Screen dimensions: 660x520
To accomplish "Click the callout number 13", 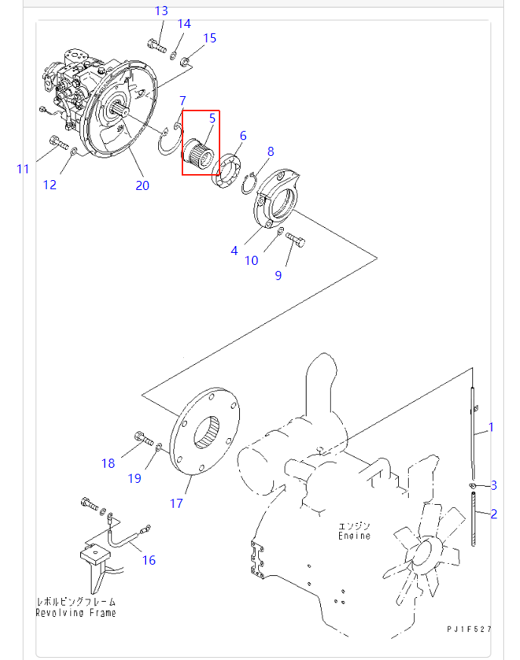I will coord(161,11).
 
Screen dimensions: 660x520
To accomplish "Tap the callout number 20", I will coord(142,185).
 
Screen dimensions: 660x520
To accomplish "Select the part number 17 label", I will coord(176,503).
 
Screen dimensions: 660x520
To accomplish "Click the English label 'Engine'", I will coord(354,536).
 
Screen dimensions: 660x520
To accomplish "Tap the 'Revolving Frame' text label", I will coord(76,612).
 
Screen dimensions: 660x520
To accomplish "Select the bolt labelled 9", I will coord(297,242).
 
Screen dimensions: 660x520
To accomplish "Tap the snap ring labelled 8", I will coord(250,184).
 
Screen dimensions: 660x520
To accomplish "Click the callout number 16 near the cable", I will coord(149,560).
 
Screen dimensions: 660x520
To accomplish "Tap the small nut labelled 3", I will coord(472,484).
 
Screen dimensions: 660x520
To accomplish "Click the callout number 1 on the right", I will coord(490,427).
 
